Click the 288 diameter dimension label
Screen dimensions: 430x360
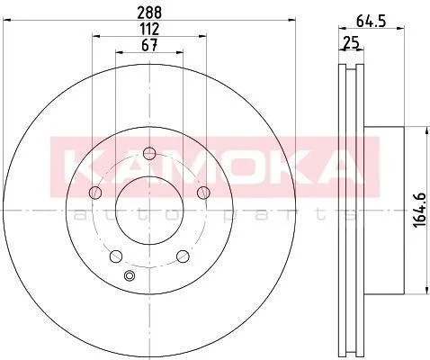(149, 13)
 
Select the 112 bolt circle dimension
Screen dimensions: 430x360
(149, 29)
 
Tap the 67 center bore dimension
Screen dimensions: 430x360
(149, 46)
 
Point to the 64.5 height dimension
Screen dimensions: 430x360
(371, 22)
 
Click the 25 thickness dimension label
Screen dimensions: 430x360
(351, 43)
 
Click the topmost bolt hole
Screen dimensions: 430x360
(149, 154)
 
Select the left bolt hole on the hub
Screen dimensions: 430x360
(95, 193)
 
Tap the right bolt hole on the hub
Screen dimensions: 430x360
(203, 193)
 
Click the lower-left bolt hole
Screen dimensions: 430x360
(116, 256)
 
